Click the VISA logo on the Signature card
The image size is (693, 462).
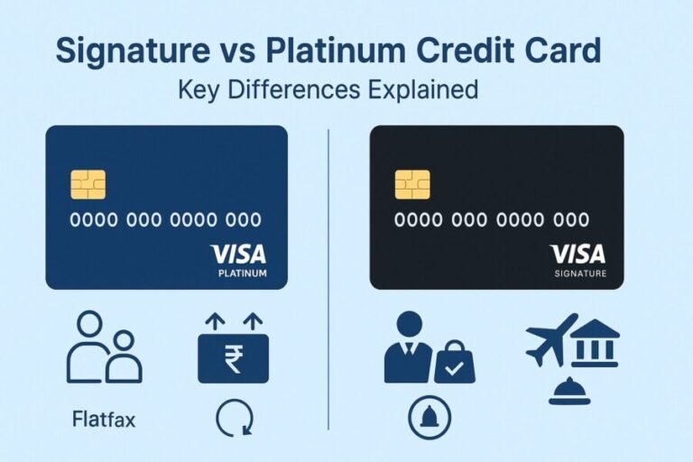[x=577, y=254]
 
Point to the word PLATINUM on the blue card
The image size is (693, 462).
[x=243, y=273]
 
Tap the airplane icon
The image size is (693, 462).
[x=551, y=339]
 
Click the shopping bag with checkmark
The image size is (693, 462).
[x=454, y=364]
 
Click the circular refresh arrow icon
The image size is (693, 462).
[x=235, y=418]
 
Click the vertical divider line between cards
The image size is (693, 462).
[x=328, y=271]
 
